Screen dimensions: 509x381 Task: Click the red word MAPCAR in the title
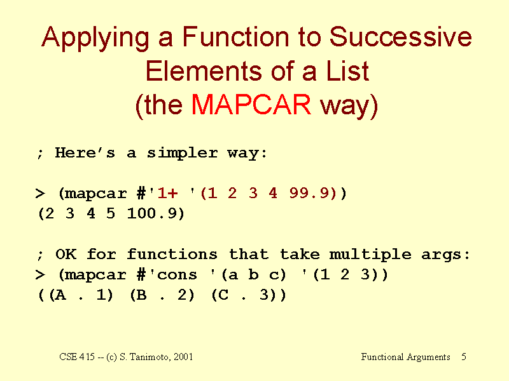[x=251, y=105]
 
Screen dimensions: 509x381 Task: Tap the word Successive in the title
[x=400, y=37]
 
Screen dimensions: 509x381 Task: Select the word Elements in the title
[x=204, y=70]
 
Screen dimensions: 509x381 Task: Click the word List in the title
[x=347, y=70]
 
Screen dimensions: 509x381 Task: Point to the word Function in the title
[x=235, y=37]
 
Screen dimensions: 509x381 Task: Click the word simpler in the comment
[x=182, y=153]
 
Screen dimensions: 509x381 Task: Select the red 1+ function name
[x=167, y=193]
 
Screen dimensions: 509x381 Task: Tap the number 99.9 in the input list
[x=309, y=193]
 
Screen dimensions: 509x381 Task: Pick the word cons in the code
[x=177, y=275]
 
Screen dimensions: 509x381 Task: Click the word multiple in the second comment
[x=370, y=255]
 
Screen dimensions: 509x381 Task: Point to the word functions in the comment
[x=172, y=255]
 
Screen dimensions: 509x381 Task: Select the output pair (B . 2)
[x=162, y=295]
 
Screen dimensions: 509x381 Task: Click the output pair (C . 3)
[x=248, y=295]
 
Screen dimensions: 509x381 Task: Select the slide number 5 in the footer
[x=464, y=357]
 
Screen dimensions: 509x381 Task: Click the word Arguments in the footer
[x=428, y=358]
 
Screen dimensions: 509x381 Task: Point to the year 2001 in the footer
[x=183, y=357]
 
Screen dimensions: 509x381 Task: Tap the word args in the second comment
[x=441, y=255]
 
